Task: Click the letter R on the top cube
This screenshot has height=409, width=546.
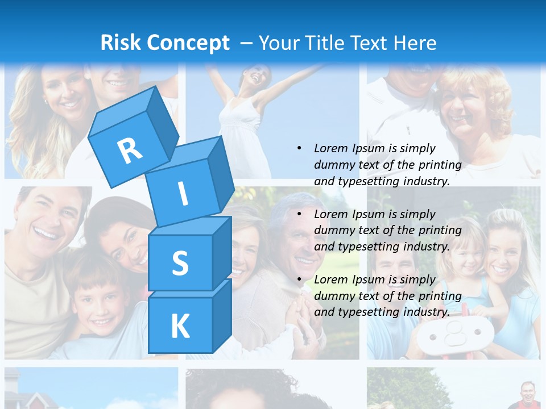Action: (130, 151)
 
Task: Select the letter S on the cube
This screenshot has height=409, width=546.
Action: (180, 264)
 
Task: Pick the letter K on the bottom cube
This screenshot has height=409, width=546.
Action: (180, 327)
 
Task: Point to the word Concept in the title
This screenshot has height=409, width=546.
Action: (188, 43)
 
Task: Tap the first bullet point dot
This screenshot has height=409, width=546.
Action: (299, 148)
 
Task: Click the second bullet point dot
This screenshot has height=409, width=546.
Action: (299, 214)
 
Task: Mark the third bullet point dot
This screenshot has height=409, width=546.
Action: (299, 279)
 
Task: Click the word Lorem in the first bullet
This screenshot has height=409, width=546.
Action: (330, 148)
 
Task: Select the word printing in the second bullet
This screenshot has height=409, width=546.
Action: (440, 231)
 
